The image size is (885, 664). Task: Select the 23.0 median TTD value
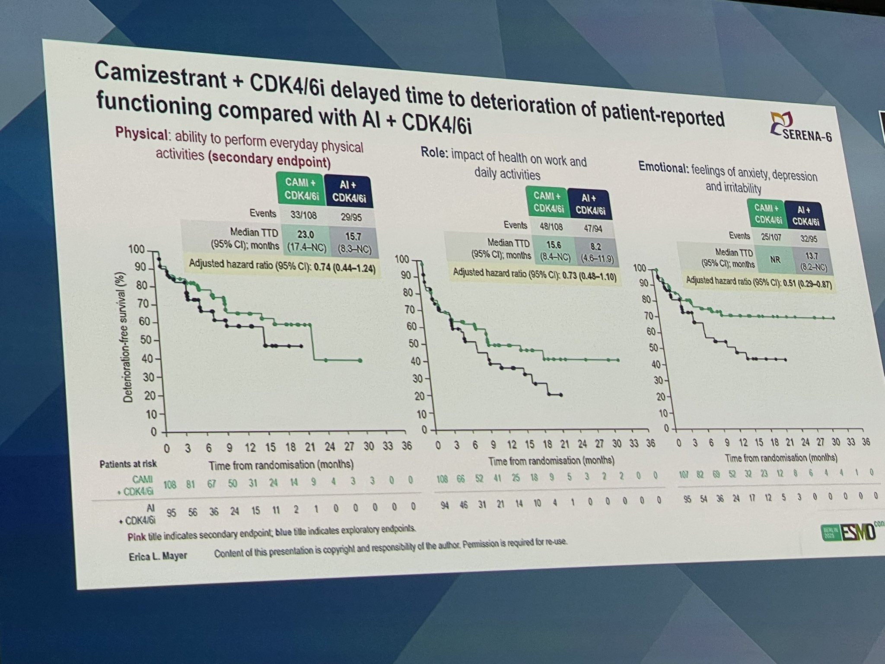pos(305,235)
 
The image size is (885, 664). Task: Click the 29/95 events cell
pos(351,216)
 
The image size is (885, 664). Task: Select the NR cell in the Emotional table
pos(775,260)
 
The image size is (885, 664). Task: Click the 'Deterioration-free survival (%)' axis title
pos(128,337)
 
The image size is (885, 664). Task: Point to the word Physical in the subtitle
pos(141,133)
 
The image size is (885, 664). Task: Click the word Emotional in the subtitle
pos(663,167)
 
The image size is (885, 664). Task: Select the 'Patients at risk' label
pos(128,464)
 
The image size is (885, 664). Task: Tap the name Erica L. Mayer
pos(158,556)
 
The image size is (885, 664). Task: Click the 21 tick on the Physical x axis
pos(310,447)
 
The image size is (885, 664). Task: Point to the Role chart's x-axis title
pos(551,461)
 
